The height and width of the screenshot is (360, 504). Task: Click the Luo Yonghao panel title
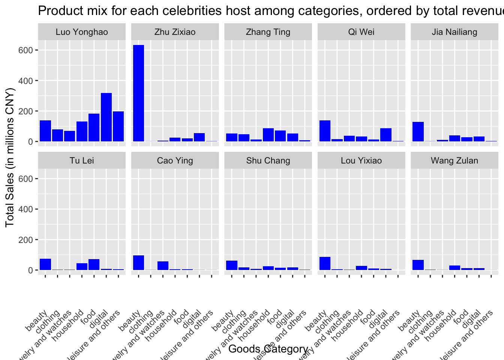tap(82, 32)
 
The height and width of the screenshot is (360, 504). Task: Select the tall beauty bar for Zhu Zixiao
tap(138, 93)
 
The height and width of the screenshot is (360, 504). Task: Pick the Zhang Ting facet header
tap(268, 32)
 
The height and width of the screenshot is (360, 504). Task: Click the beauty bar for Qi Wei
tap(325, 131)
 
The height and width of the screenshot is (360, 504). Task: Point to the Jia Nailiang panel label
tap(454, 32)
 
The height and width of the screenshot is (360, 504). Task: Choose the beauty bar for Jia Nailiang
tap(418, 132)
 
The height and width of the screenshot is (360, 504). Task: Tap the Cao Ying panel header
tap(175, 160)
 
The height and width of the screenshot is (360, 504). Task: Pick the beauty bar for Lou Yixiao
tap(325, 263)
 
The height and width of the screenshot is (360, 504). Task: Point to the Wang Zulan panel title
tap(454, 160)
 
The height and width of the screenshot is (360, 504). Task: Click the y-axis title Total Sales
tap(10, 157)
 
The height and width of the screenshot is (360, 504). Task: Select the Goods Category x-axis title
tap(268, 349)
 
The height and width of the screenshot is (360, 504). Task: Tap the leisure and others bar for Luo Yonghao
tap(118, 126)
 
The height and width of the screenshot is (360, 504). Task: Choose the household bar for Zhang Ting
tap(268, 135)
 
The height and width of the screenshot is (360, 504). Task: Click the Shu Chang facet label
tap(268, 160)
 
